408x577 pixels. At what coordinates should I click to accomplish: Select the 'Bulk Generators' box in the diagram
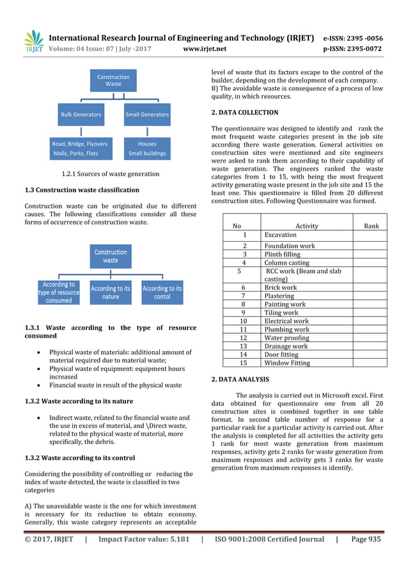[81, 115]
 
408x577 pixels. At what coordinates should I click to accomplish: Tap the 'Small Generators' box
[147, 115]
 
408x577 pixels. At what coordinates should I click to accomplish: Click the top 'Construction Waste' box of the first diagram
[113, 81]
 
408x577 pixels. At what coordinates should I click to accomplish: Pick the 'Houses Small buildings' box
[147, 148]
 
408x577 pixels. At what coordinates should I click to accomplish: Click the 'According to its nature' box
[110, 292]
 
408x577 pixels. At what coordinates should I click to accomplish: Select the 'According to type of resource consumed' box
[59, 292]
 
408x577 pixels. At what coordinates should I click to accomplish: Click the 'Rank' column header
[371, 226]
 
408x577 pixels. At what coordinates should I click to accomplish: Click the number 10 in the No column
[243, 321]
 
